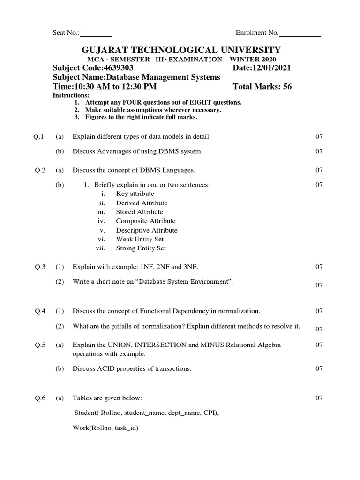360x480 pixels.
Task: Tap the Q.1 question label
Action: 38,137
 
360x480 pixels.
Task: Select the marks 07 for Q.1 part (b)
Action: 319,151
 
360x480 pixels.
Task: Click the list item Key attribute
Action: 135,194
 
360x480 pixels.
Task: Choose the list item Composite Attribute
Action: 146,221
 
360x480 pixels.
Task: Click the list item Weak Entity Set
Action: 140,239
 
